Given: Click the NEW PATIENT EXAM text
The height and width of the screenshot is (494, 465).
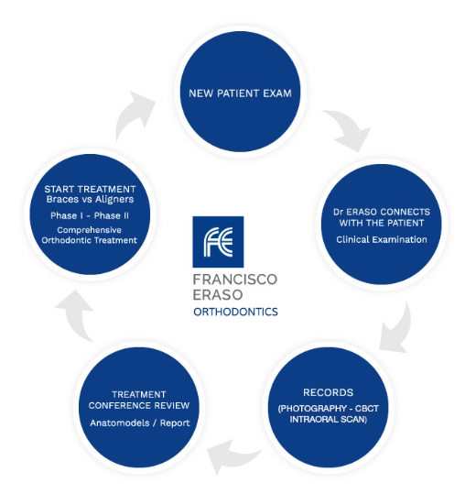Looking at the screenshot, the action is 240,93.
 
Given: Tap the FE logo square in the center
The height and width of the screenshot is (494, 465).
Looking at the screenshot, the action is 218,242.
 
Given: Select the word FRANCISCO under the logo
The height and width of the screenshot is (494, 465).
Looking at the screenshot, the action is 234,280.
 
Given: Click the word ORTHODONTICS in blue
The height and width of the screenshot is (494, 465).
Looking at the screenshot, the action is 235,312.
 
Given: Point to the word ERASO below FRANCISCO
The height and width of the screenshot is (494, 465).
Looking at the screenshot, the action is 218,295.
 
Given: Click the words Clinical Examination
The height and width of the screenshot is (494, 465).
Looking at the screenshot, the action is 382,239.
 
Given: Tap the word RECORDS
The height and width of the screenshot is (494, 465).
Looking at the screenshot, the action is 328,392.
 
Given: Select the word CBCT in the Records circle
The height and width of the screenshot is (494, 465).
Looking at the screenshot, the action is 367,409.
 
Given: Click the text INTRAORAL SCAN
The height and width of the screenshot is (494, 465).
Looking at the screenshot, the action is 328,420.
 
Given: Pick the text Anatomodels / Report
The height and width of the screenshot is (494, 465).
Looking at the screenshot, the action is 140,423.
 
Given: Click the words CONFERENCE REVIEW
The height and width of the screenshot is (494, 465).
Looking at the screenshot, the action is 139,405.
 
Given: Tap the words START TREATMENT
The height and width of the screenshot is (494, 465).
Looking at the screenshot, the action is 90,189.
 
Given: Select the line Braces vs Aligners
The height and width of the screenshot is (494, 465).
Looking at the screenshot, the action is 90,199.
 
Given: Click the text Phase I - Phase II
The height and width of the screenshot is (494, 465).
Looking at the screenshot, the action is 90,215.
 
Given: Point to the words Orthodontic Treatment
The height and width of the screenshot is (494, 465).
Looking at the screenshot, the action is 90,240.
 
